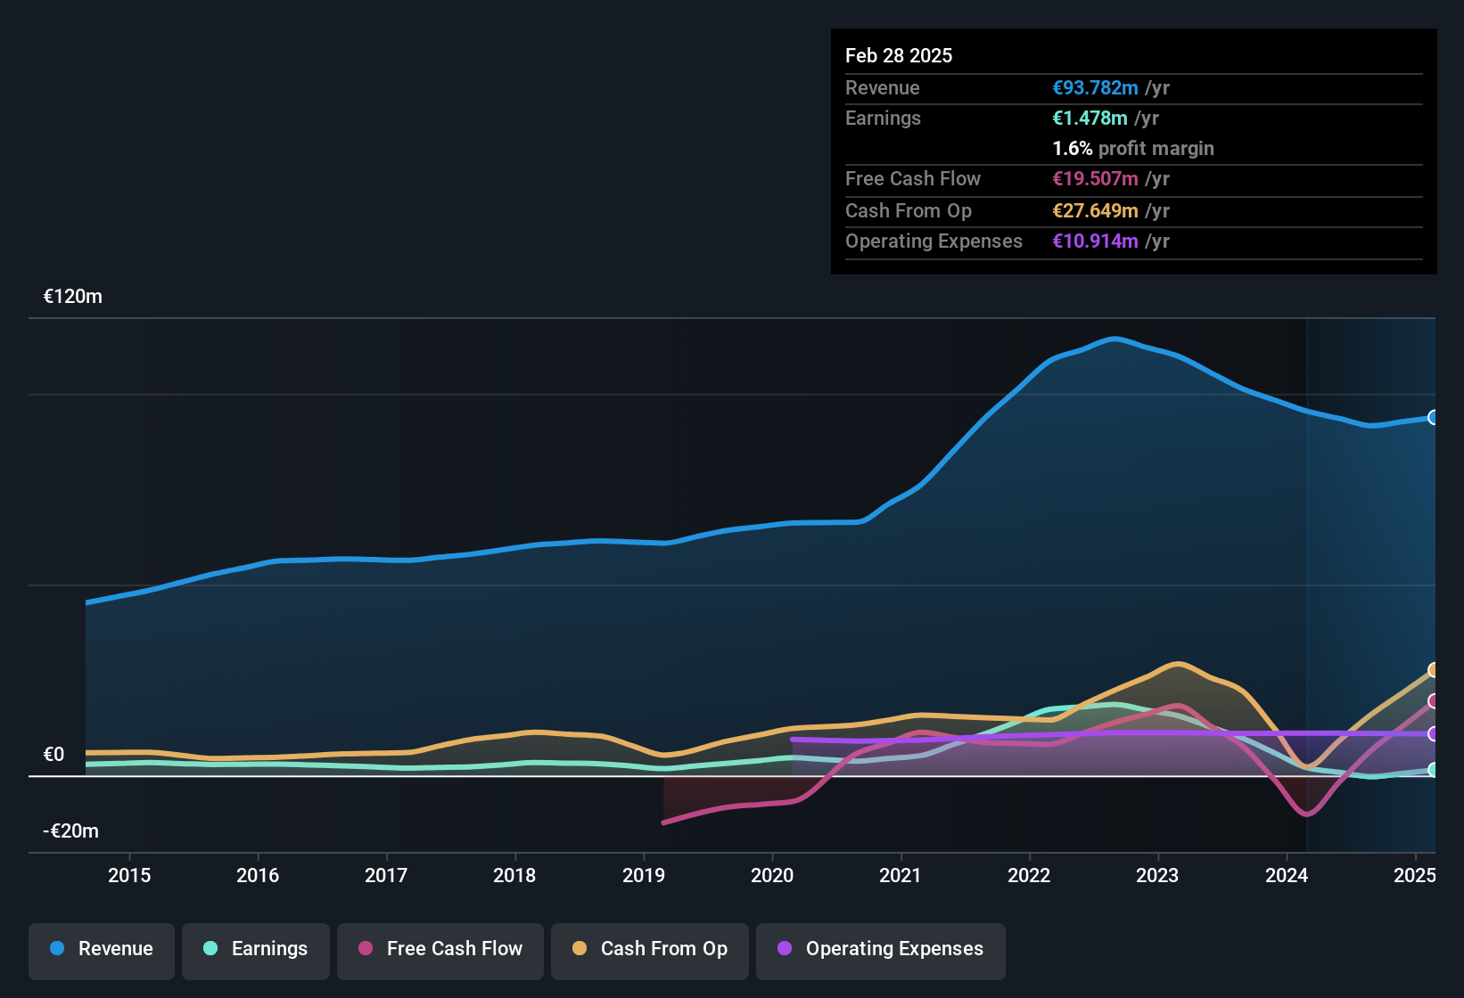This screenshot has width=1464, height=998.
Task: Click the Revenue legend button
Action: click(102, 949)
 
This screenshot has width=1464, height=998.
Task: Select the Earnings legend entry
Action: click(256, 949)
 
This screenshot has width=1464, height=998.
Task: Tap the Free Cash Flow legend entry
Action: click(440, 949)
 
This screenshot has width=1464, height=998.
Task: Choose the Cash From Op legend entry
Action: click(650, 949)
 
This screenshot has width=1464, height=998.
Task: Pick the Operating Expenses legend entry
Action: click(881, 949)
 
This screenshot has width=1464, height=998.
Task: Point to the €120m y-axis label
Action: click(73, 297)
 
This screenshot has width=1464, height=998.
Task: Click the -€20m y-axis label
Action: click(71, 831)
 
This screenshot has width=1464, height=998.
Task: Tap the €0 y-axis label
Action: click(54, 755)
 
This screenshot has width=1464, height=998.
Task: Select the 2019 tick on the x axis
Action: click(644, 876)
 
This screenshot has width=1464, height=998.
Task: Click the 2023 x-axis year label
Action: click(1157, 876)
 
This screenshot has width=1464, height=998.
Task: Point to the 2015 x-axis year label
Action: click(129, 876)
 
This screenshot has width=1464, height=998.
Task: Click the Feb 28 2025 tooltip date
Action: click(899, 56)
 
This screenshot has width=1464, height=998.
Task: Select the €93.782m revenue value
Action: click(1095, 88)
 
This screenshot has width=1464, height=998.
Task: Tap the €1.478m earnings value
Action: click(1090, 119)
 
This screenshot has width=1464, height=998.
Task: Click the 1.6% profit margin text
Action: click(1133, 149)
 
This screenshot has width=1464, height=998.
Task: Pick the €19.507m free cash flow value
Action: click(1095, 179)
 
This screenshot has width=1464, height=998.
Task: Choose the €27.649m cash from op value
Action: click(1095, 211)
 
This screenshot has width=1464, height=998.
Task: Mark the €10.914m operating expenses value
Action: click(1095, 241)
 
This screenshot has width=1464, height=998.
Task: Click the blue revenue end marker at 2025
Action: click(1433, 417)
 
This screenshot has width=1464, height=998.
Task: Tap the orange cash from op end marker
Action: click(1433, 670)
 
